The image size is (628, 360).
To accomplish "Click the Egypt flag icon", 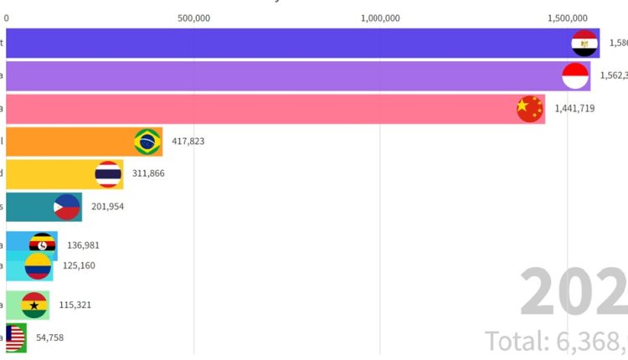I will pyautogui.click(x=584, y=44).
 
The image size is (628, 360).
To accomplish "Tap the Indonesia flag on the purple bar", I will pyautogui.click(x=574, y=76).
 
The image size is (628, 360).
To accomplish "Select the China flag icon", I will pyautogui.click(x=529, y=109).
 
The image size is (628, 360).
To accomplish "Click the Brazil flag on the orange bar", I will pyautogui.click(x=148, y=141).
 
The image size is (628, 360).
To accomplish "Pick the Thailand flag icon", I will pyautogui.click(x=108, y=174).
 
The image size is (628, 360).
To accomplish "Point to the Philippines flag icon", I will pyautogui.click(x=67, y=207).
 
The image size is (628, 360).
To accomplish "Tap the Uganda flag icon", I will pyautogui.click(x=43, y=245).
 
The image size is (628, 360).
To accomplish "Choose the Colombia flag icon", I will pyautogui.click(x=38, y=267).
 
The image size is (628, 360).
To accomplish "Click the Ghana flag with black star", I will pyautogui.click(x=34, y=305).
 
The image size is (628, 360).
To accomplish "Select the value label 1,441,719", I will pyautogui.click(x=574, y=109).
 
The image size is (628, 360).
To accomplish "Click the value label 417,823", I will pyautogui.click(x=188, y=141).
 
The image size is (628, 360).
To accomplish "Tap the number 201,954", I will pyautogui.click(x=107, y=207).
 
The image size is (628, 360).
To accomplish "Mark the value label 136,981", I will pyautogui.click(x=84, y=246).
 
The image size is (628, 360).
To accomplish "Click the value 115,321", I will pyautogui.click(x=75, y=305).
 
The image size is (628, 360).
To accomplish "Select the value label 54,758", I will pyautogui.click(x=47, y=337).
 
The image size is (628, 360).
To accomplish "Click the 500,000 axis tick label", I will pyautogui.click(x=193, y=17).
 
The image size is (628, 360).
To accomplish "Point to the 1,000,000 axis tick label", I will pyautogui.click(x=380, y=17).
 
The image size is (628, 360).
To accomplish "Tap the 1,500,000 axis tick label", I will pyautogui.click(x=567, y=17).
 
